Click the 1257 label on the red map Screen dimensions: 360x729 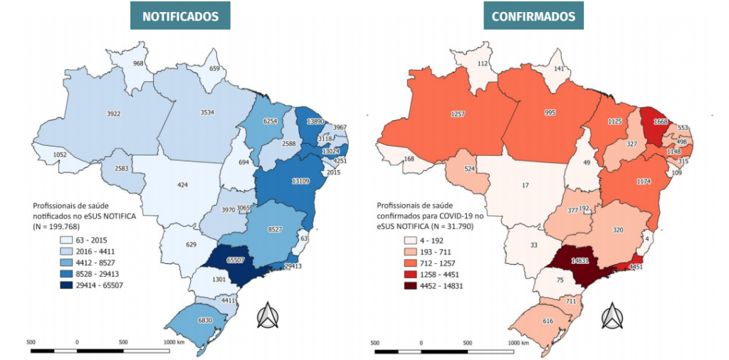pos(458,114)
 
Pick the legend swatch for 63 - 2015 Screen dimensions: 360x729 pos(68,240)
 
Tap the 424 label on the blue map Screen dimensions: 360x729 pos(183,185)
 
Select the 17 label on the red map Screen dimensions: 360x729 pos(525,185)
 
